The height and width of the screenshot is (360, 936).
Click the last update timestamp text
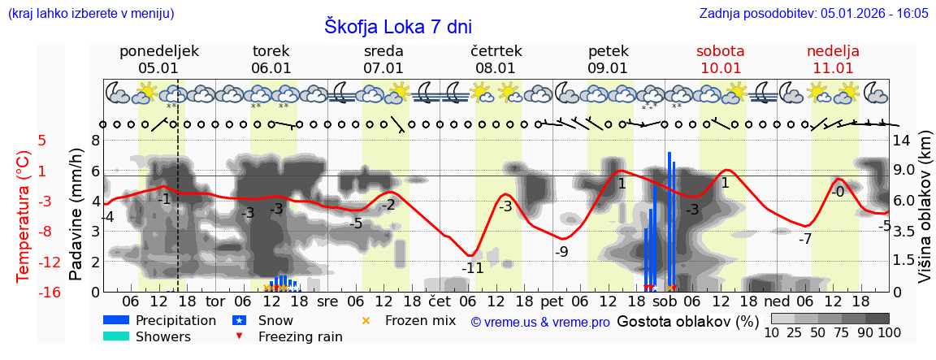pyautogui.click(x=813, y=13)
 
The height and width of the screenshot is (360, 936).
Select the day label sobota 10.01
pyautogui.click(x=720, y=59)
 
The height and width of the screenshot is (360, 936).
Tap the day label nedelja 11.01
pyautogui.click(x=833, y=59)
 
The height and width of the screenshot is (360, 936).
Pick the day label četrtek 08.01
pyautogui.click(x=496, y=59)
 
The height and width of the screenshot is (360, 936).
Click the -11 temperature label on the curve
pyautogui.click(x=472, y=267)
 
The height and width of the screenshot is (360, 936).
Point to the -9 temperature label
pyautogui.click(x=561, y=252)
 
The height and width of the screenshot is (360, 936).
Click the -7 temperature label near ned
pyautogui.click(x=804, y=240)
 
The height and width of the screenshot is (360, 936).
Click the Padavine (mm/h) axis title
pyautogui.click(x=77, y=215)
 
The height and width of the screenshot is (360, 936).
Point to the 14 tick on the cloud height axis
pyautogui.click(x=902, y=140)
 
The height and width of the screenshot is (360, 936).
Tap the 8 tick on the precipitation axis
pyautogui.click(x=95, y=140)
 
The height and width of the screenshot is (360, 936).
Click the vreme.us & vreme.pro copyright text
pyautogui.click(x=540, y=322)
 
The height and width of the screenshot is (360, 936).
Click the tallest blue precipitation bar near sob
pyautogui.click(x=669, y=219)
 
